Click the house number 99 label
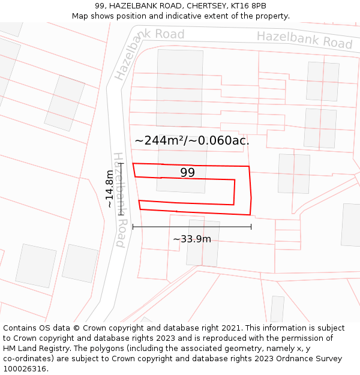188,173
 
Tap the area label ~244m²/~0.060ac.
191,140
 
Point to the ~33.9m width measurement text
192,239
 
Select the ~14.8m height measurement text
109,188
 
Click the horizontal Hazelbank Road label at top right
304,40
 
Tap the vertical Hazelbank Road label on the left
121,199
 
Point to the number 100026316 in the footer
25,368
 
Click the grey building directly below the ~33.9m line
203,243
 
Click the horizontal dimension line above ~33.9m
192,227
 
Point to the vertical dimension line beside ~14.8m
121,188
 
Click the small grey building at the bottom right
277,308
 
